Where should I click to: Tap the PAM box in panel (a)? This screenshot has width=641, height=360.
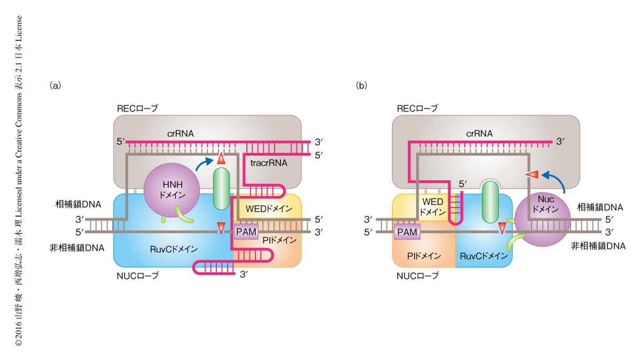click(x=246, y=231)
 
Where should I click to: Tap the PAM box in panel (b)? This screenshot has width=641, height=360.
click(x=407, y=231)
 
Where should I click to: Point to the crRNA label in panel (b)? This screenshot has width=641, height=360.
click(x=479, y=133)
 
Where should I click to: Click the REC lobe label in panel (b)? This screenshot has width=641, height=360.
click(x=417, y=108)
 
